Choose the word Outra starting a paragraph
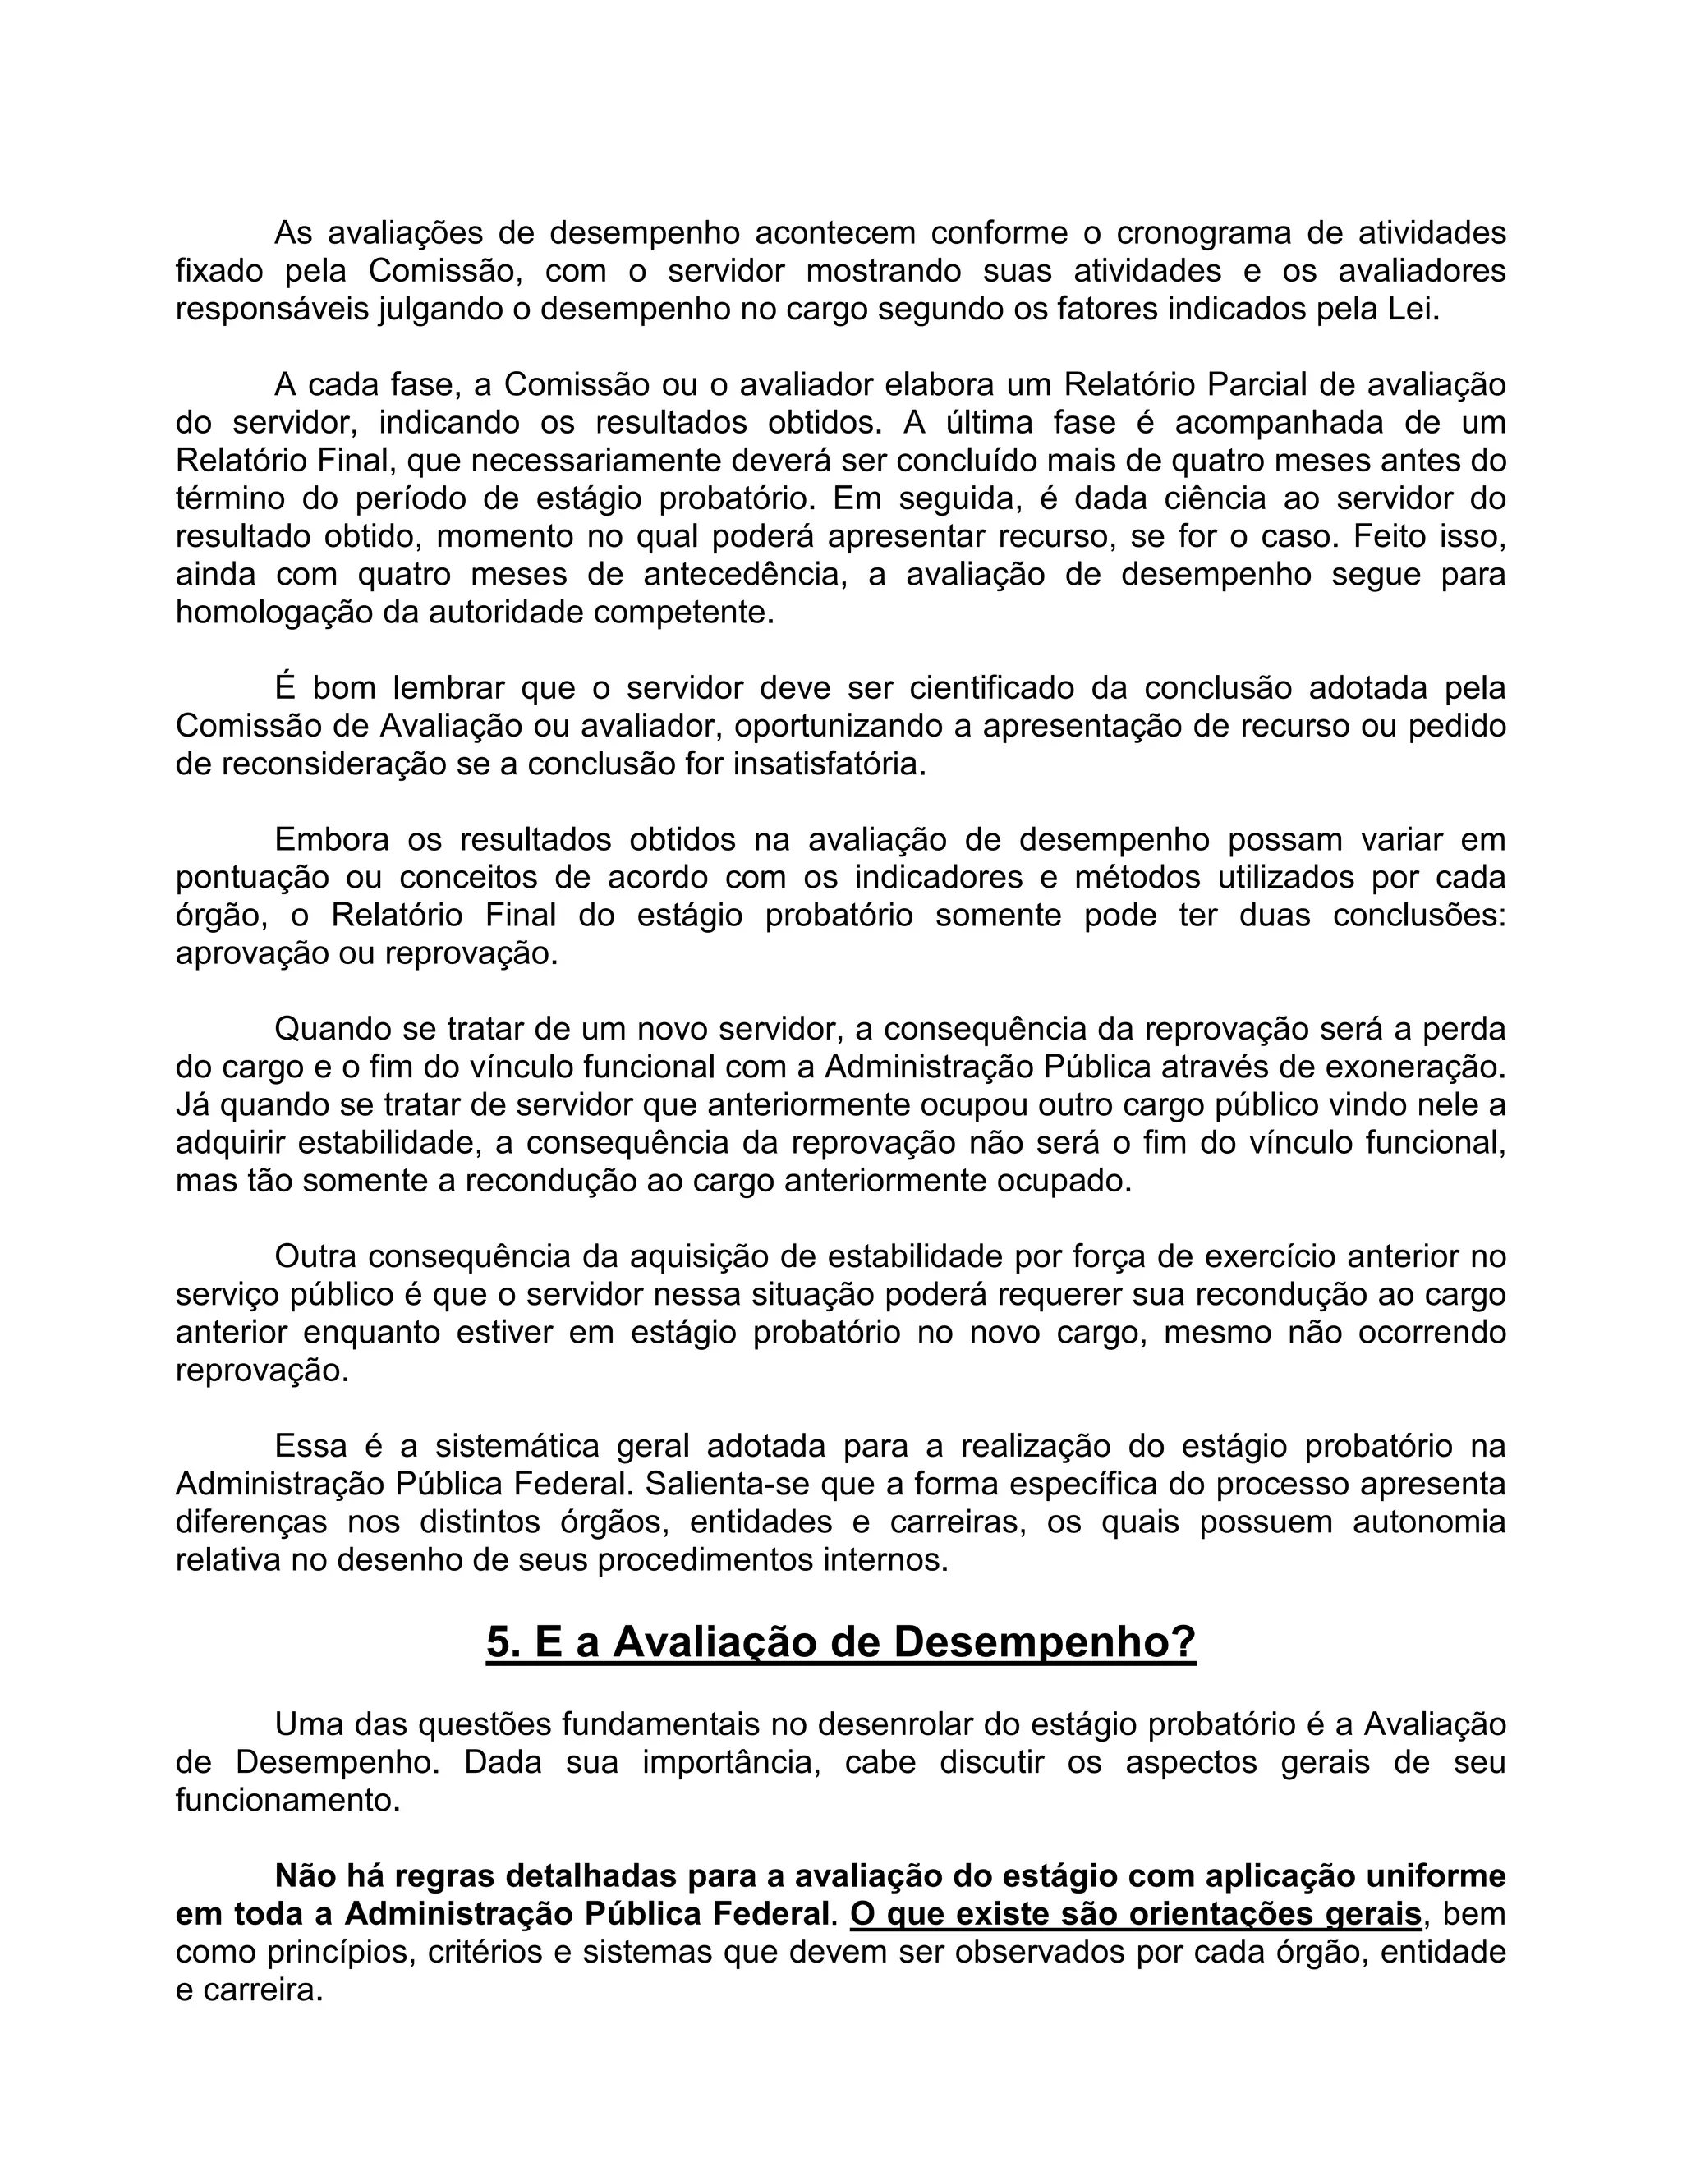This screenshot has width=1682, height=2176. coord(315,1257)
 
